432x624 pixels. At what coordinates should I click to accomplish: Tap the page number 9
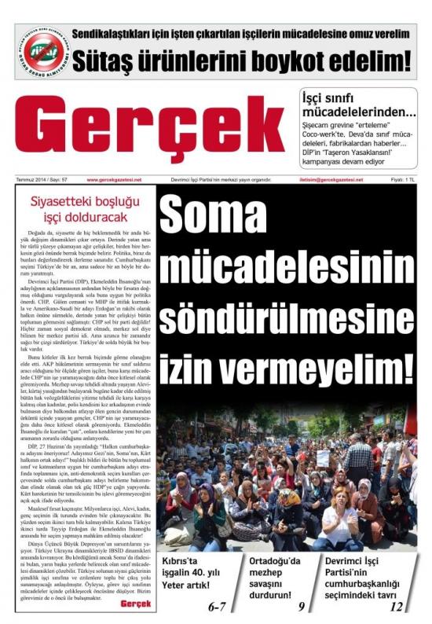click(x=301, y=607)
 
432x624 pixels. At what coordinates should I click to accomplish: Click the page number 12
click(x=396, y=607)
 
